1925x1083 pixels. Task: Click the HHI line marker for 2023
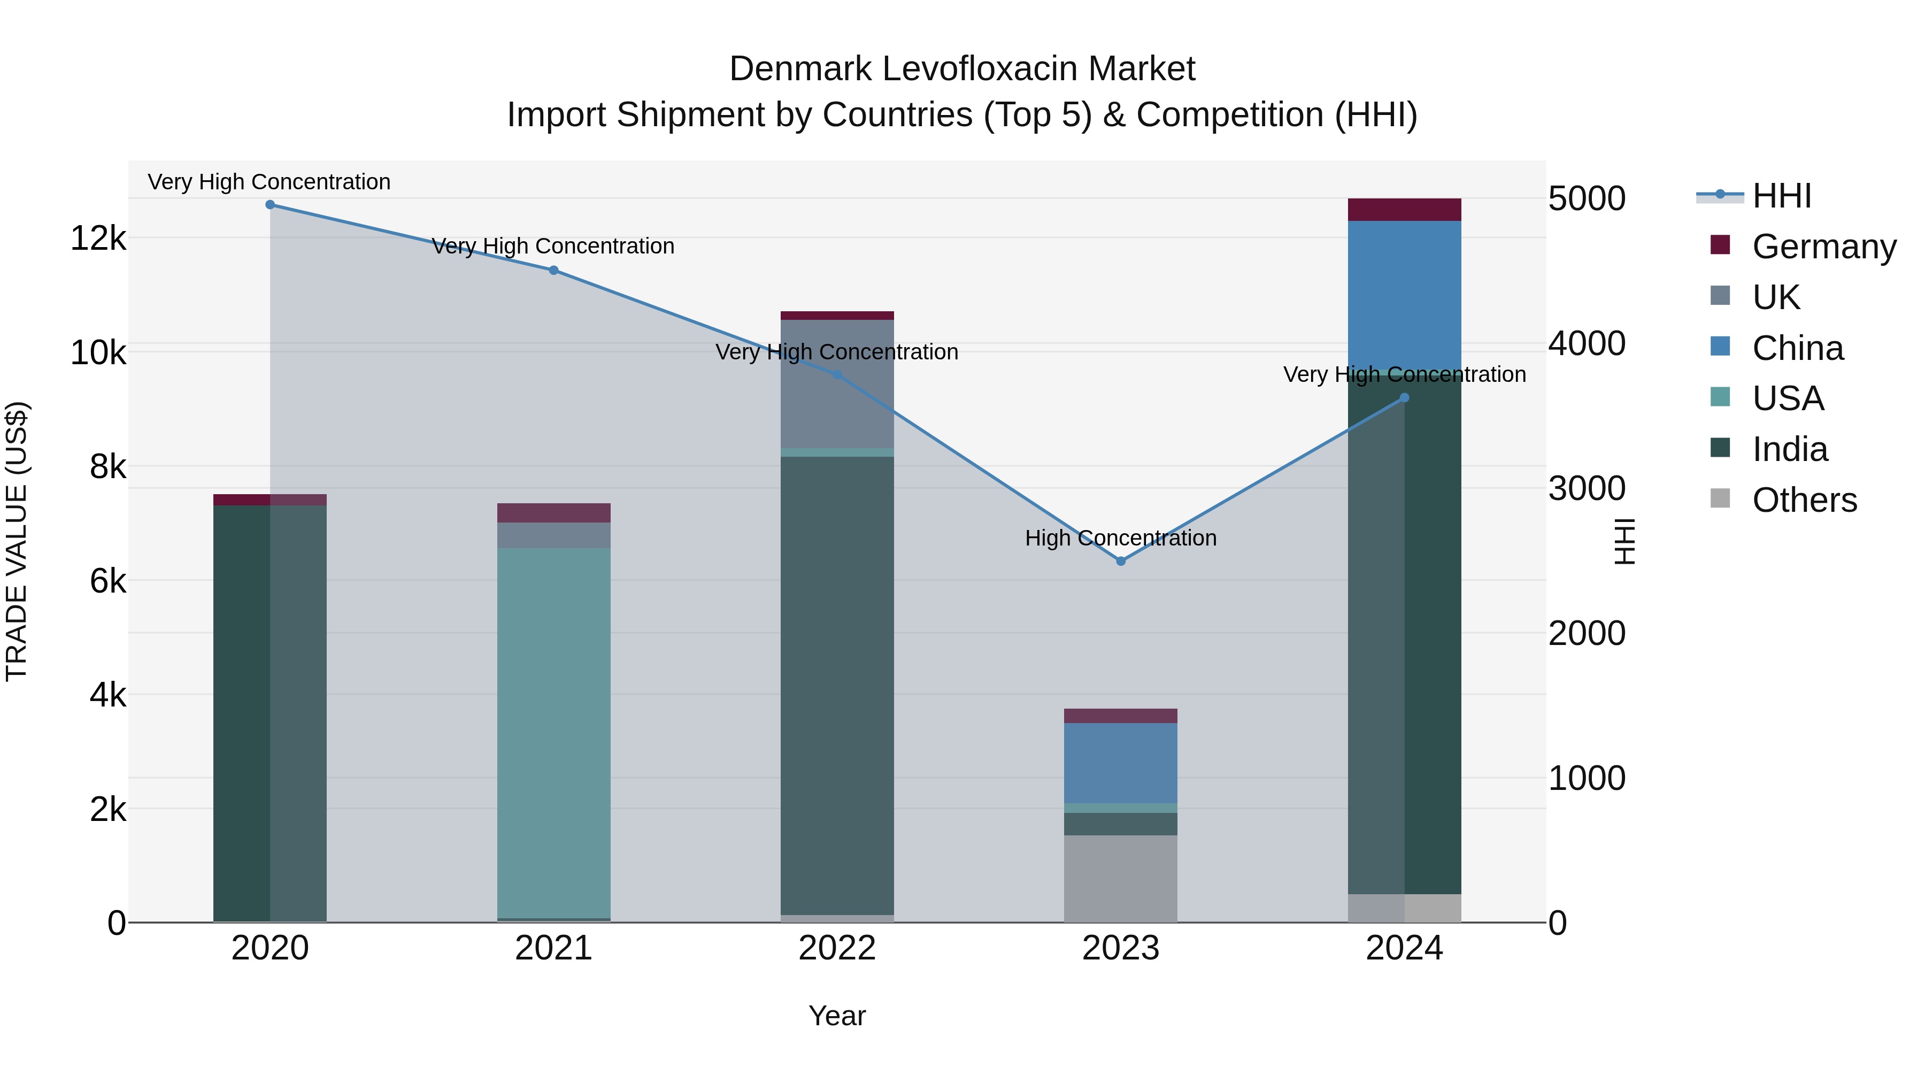(1120, 560)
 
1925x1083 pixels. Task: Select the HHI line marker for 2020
(270, 205)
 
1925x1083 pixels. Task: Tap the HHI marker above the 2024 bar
(1404, 397)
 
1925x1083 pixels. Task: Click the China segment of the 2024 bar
(1404, 295)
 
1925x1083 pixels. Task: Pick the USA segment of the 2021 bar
(554, 733)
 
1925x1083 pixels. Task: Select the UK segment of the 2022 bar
(837, 383)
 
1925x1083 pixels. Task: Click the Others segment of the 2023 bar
(1120, 878)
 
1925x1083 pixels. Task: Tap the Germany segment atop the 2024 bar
(1404, 209)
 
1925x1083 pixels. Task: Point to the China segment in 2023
(1120, 762)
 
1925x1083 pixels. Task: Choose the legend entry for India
(1789, 449)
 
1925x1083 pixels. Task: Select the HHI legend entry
(1781, 196)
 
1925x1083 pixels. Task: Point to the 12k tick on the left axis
(98, 239)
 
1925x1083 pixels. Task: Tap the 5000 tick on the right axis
(1587, 199)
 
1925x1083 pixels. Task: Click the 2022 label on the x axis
(837, 948)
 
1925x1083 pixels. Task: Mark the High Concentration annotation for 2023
(1120, 538)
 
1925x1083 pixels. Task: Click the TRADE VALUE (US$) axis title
(17, 541)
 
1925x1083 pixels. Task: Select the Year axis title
(837, 1016)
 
